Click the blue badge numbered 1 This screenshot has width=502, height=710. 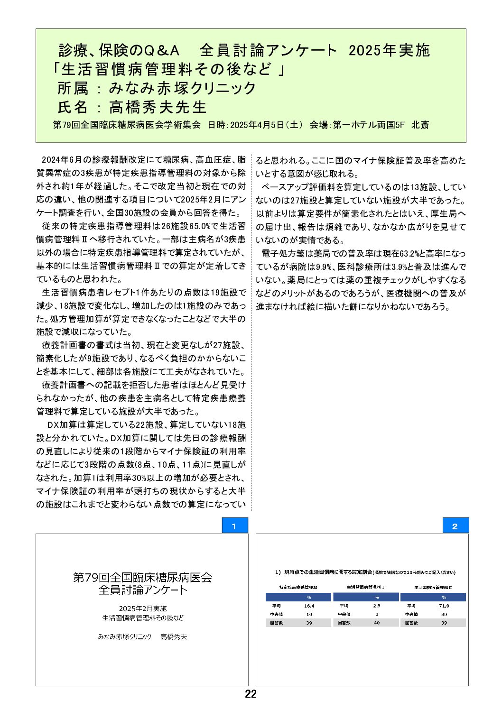point(234,526)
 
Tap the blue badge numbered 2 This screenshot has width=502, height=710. point(455,526)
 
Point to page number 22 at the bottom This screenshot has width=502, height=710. point(251,694)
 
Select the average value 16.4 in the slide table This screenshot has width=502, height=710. point(309,606)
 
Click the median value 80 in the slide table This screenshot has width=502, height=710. point(444,614)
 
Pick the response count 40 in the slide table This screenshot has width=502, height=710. point(376,623)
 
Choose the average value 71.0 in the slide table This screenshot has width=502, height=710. point(444,606)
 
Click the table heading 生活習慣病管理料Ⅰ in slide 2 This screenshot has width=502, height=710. point(365,587)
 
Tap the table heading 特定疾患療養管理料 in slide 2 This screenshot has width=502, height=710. point(298,587)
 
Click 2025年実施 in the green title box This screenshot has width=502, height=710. point(389,50)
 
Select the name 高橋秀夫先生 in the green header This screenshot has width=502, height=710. point(158,107)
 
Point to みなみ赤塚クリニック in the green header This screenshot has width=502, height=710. point(183,88)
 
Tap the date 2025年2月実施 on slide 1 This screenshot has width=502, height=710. point(142,609)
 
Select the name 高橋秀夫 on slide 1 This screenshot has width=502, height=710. point(174,637)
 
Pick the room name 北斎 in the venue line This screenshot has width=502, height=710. point(420,125)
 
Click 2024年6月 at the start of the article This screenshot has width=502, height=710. point(59,160)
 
